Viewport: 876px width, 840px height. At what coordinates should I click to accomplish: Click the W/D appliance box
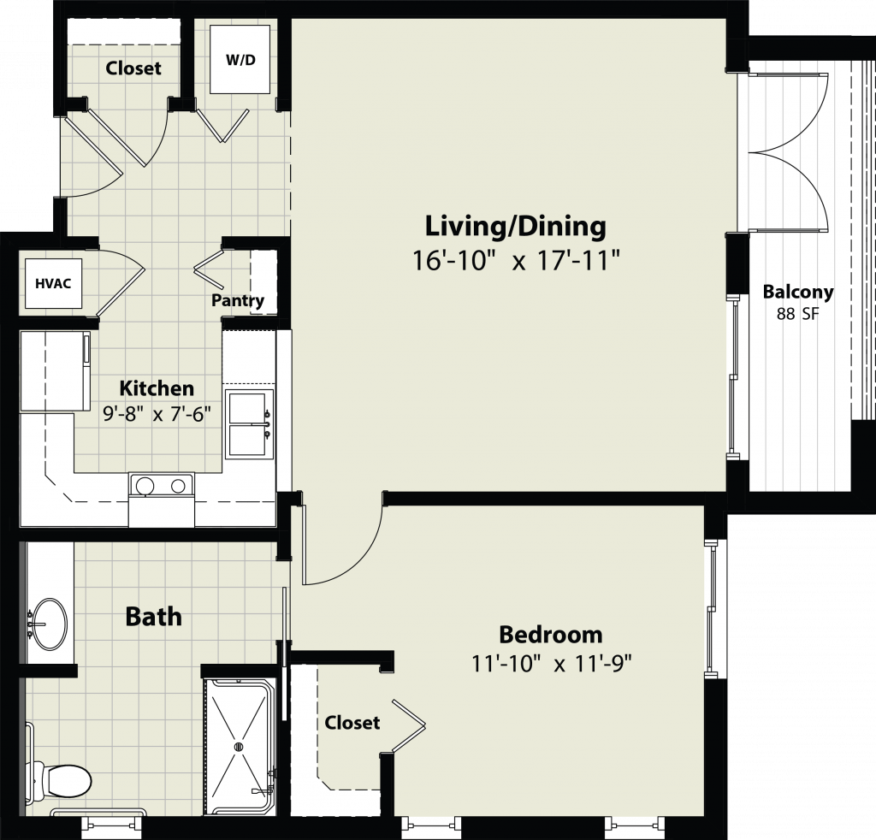coord(241,60)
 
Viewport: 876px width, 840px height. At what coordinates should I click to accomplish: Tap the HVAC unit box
coord(54,283)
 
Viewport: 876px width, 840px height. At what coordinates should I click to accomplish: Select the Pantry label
coord(238,300)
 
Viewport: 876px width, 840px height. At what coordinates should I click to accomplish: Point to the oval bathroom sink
coord(50,624)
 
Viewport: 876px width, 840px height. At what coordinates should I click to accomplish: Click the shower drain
coord(240,746)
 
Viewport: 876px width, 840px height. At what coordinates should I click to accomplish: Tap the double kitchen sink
coord(249,424)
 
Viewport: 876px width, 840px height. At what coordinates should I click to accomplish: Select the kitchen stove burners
coord(162,486)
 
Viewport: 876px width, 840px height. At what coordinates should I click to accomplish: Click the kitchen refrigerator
coord(55,371)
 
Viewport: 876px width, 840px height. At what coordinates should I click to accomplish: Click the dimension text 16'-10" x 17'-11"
coord(516,260)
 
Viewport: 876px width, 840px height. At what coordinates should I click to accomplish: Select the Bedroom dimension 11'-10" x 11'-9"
coord(552,664)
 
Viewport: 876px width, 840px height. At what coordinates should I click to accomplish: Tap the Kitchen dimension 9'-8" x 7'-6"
coord(157,414)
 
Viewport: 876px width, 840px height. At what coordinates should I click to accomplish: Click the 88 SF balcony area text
coord(797,314)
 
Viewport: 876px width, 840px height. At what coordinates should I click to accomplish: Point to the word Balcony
coord(798,292)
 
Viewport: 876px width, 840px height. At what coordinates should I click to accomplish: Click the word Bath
coord(154,617)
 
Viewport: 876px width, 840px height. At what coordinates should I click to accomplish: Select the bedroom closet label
coord(352,722)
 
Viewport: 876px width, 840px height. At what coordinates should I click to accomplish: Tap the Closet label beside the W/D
coord(133,68)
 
